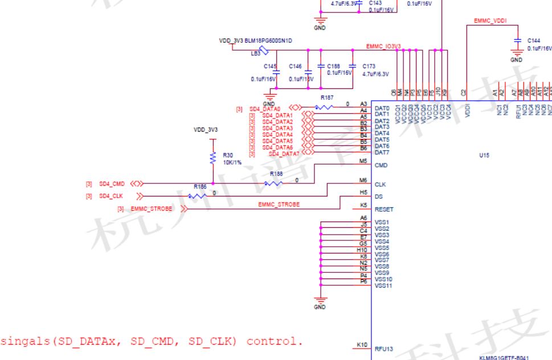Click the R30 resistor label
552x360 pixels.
pyautogui.click(x=228, y=155)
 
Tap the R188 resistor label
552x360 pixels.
pyautogui.click(x=276, y=174)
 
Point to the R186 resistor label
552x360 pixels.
pyautogui.click(x=200, y=186)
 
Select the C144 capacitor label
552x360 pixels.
pyautogui.click(x=534, y=41)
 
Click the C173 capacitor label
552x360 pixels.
pyautogui.click(x=369, y=66)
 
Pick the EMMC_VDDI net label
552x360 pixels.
pyautogui.click(x=490, y=21)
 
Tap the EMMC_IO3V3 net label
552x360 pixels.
pyautogui.click(x=384, y=46)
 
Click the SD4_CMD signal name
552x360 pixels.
pyautogui.click(x=112, y=183)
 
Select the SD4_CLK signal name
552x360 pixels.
pyautogui.click(x=111, y=196)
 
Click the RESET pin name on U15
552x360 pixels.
pyautogui.click(x=384, y=209)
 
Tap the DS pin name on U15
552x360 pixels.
pyautogui.click(x=379, y=197)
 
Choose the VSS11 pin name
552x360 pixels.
pyautogui.click(x=383, y=285)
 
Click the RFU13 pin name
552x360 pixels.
pyautogui.click(x=385, y=349)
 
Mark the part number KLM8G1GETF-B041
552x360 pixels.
pyautogui.click(x=504, y=357)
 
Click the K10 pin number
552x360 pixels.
pyautogui.click(x=362, y=345)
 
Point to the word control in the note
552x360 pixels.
pyautogui.click(x=272, y=341)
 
